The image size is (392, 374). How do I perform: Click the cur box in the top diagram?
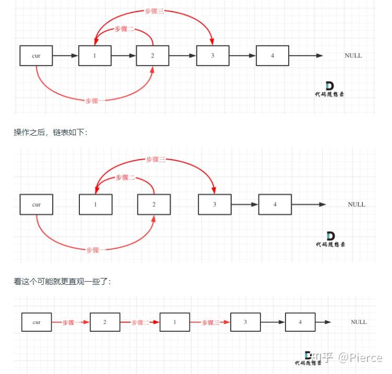(x=36, y=55)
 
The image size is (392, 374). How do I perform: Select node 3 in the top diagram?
(x=213, y=55)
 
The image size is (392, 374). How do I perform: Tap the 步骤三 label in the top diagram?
(x=155, y=11)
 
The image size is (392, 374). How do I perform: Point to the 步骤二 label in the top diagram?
(x=124, y=29)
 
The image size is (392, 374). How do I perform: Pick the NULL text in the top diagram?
(x=353, y=55)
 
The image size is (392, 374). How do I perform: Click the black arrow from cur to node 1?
(x=65, y=55)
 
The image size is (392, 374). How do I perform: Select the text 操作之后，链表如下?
(x=51, y=132)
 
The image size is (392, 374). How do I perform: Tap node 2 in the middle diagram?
(x=154, y=204)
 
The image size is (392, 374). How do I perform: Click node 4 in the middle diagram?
(x=275, y=204)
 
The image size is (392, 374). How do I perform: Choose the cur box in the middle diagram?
(x=37, y=204)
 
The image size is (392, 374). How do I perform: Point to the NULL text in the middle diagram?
(x=357, y=204)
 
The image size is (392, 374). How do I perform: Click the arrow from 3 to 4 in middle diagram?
(x=245, y=204)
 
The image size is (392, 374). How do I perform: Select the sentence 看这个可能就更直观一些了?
(x=62, y=281)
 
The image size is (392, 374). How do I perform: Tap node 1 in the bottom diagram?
(x=175, y=322)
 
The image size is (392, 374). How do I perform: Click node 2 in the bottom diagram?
(x=105, y=322)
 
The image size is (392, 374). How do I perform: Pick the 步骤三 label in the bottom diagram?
(x=210, y=322)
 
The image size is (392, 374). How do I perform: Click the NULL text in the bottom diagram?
(x=359, y=322)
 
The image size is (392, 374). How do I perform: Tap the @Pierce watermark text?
(x=360, y=357)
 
